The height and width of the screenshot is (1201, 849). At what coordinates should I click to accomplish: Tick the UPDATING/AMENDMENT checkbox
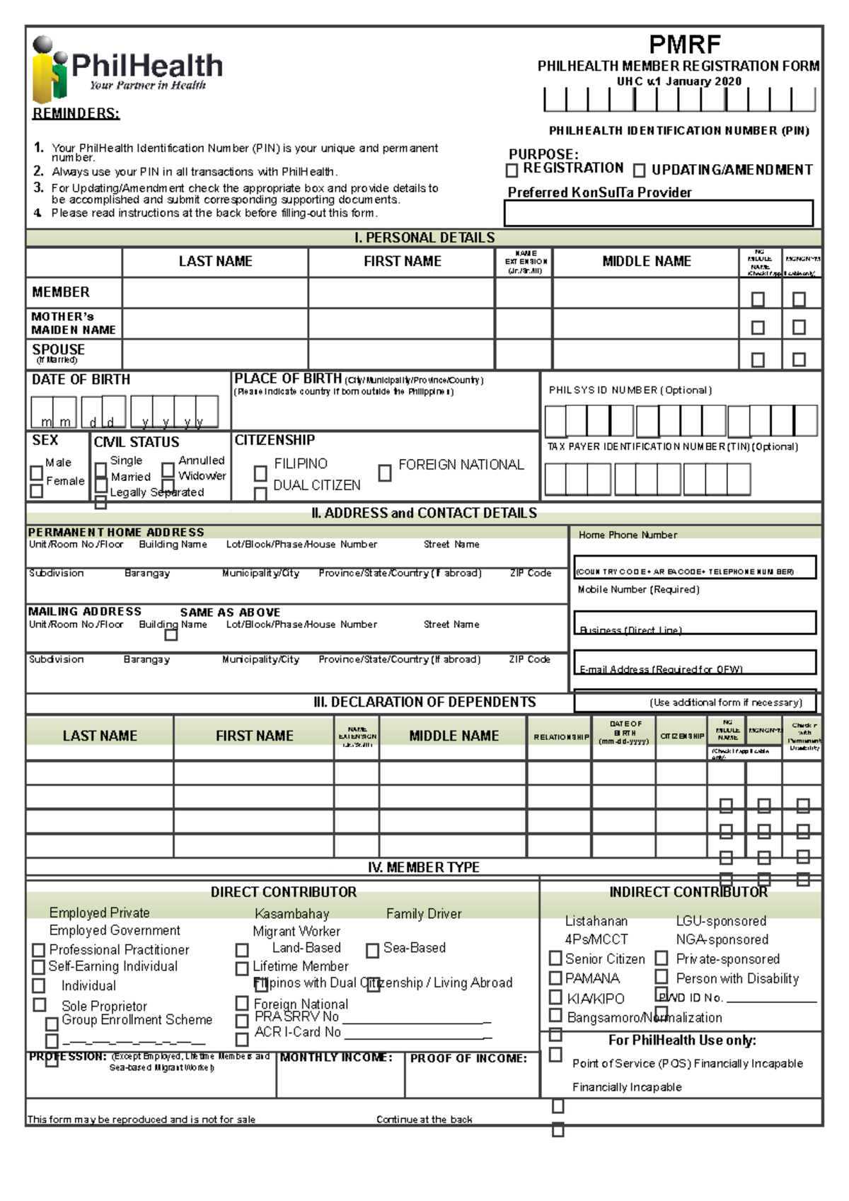(x=639, y=170)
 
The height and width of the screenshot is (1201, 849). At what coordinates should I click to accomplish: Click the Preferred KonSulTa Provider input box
(x=658, y=213)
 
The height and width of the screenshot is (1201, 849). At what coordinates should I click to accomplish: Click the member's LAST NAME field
(x=215, y=293)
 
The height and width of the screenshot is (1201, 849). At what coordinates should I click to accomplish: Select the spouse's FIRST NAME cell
(x=401, y=354)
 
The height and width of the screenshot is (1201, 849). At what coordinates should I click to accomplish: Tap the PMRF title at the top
(x=684, y=45)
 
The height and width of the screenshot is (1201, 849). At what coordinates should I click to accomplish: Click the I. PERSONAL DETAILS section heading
(x=424, y=238)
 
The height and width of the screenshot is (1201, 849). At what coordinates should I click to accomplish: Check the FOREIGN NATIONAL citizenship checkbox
(x=385, y=472)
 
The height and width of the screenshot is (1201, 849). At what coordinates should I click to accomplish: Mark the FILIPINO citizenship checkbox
(x=260, y=472)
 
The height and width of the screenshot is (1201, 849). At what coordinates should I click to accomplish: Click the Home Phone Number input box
(x=694, y=566)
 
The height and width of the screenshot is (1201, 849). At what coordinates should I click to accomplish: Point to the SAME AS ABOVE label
(x=230, y=613)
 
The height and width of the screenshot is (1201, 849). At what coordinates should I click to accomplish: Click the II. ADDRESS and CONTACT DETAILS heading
(x=424, y=514)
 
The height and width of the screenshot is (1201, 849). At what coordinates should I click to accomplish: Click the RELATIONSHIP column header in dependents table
(x=560, y=737)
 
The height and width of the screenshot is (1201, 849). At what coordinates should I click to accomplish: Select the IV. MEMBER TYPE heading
(x=424, y=868)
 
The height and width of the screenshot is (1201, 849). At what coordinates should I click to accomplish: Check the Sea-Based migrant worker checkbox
(x=372, y=951)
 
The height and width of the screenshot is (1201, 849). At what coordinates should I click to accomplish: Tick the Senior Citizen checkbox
(x=556, y=958)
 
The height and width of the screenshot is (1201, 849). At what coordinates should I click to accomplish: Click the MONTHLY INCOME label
(x=336, y=1058)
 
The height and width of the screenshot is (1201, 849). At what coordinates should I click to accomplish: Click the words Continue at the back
(x=424, y=1120)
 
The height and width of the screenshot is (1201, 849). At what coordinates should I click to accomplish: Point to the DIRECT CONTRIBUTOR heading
(x=283, y=893)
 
